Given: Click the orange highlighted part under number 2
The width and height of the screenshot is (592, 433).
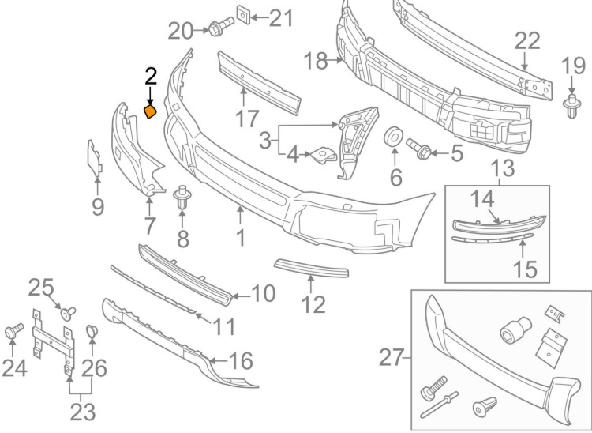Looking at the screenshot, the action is coord(150,112).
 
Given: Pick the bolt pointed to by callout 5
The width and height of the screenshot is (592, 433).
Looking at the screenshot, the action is coord(418,149).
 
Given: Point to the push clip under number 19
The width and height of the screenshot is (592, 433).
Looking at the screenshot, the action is coord(572,106).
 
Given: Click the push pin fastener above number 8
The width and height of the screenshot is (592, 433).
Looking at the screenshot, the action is coord(182,198).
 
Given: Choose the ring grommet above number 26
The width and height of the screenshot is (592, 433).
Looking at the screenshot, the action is coord(92,331).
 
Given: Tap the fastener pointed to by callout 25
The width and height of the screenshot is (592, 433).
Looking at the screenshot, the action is coord(68,314).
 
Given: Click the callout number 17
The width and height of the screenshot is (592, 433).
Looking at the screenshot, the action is coord(247,119).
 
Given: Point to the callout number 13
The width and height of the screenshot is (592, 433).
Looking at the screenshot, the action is coord(503,168).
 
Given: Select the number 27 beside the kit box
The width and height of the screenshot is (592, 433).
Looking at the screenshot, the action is coord(392,357).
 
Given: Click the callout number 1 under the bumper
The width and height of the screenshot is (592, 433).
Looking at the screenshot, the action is coord(241,238).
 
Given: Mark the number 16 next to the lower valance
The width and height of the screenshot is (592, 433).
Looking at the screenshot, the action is coord(241,361).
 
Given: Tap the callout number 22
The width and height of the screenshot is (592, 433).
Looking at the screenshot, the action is coord(527,41).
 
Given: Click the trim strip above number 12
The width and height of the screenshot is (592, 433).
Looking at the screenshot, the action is coord(311,268).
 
